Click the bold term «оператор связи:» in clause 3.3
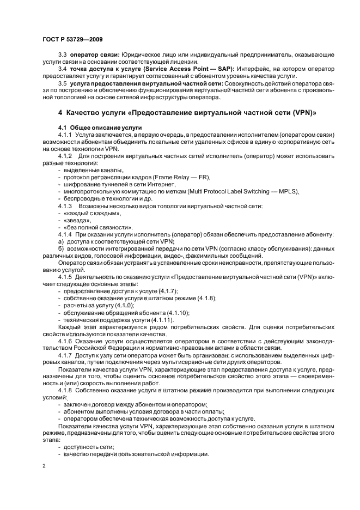94,56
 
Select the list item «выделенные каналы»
88,171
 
